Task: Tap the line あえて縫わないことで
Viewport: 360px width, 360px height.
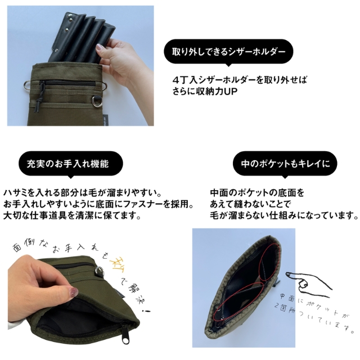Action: click(247, 204)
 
